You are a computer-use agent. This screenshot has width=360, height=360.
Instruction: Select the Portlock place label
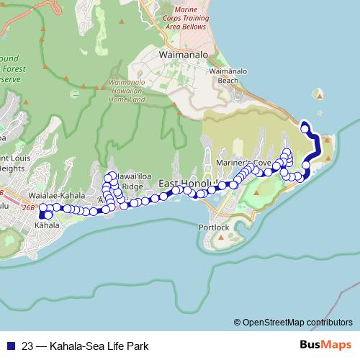214,228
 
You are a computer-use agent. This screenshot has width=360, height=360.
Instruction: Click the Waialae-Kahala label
53,195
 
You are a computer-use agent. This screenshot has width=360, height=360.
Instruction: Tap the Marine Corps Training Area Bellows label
182,18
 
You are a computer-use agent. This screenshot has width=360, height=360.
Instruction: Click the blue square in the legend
9,346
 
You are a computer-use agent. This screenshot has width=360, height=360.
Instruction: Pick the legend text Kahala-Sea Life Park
99,346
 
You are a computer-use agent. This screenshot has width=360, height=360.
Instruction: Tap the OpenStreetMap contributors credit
297,323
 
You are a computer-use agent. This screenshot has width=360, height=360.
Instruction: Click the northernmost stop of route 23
305,129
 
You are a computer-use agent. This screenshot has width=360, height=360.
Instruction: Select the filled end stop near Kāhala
49,215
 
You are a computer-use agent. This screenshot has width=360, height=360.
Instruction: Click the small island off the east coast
318,94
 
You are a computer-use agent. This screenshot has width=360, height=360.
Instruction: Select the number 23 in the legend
28,346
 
